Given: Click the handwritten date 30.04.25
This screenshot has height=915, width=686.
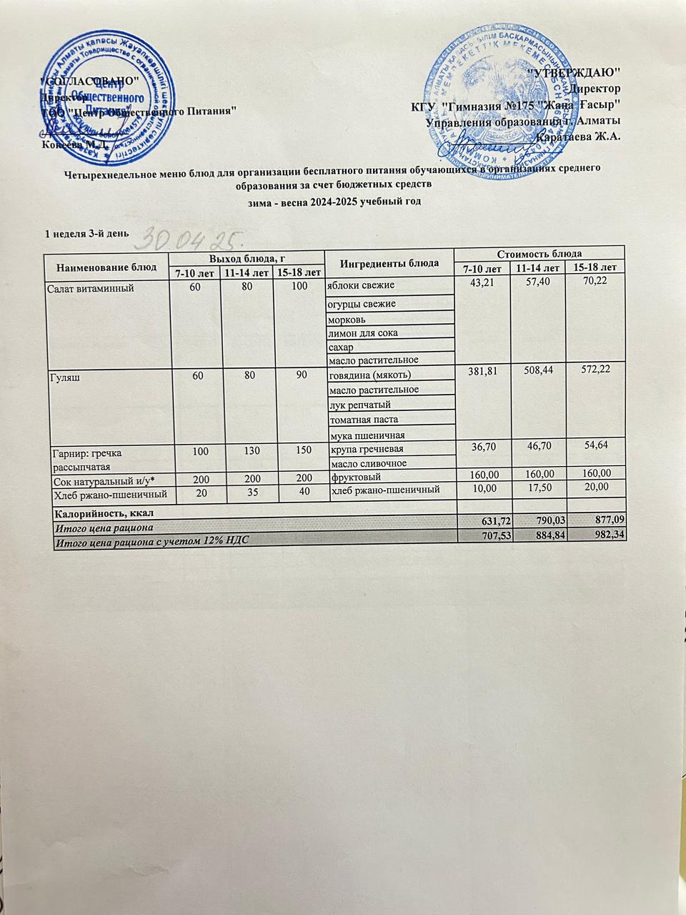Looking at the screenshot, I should (194, 237).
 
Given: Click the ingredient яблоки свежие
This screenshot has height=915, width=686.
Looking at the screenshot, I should (361, 286).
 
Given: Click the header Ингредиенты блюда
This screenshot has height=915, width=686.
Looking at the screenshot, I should (389, 262).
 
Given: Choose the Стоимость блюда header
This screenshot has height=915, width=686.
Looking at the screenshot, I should (540, 253).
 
